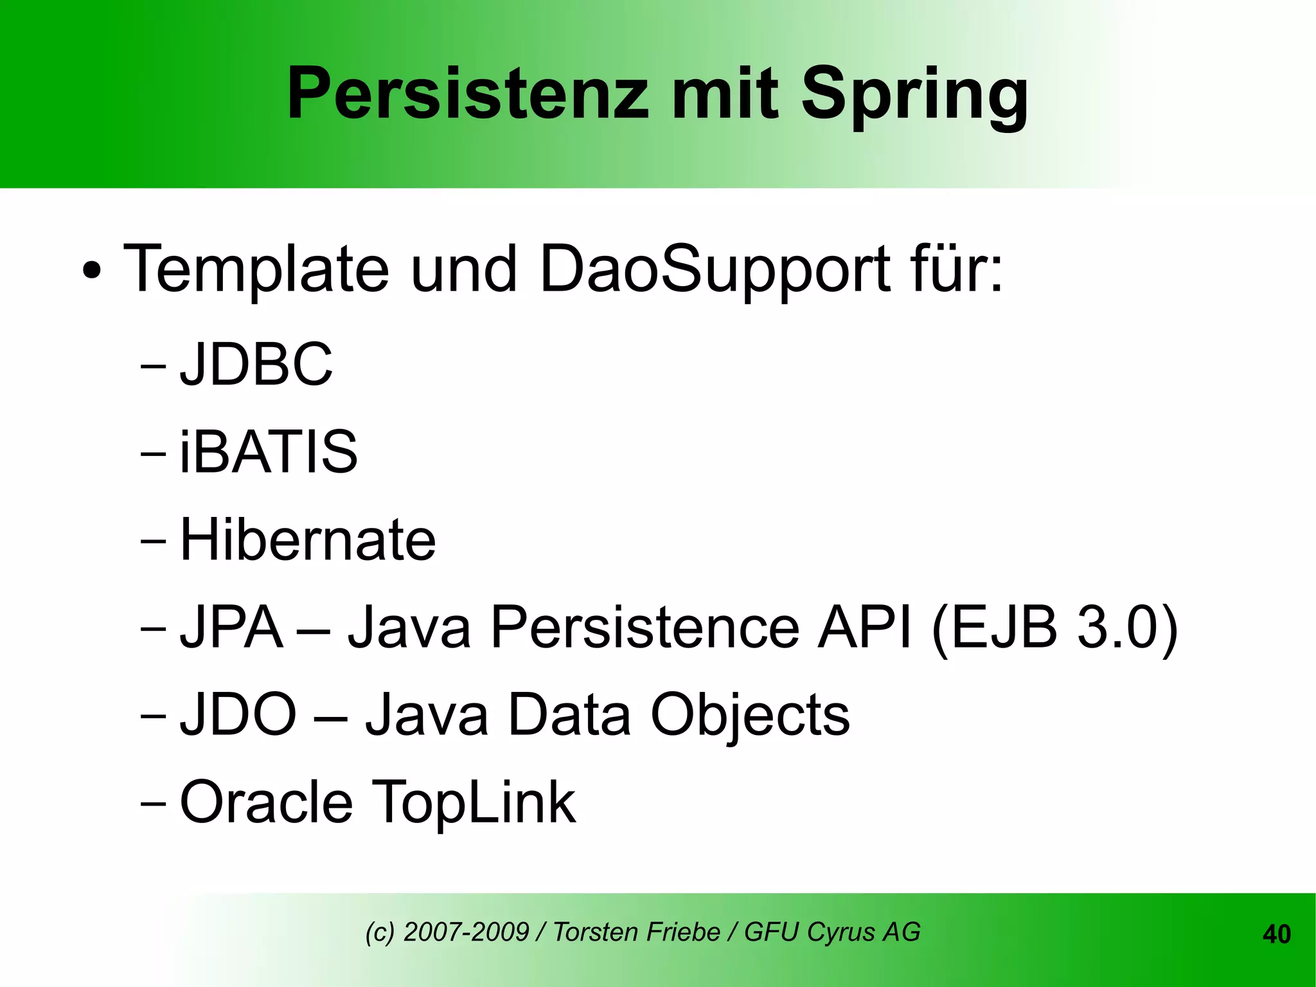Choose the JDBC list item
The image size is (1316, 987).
point(256,364)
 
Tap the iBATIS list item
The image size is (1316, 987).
point(268,451)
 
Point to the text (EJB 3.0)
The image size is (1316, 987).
point(1054,628)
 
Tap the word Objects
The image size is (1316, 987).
point(750,715)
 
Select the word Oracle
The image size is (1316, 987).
point(266,802)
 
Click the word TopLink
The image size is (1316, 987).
point(474,803)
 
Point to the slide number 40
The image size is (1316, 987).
point(1276,934)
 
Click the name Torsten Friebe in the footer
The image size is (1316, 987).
point(636,932)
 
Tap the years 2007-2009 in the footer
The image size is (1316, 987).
point(466,932)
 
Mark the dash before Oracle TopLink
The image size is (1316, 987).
point(152,804)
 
